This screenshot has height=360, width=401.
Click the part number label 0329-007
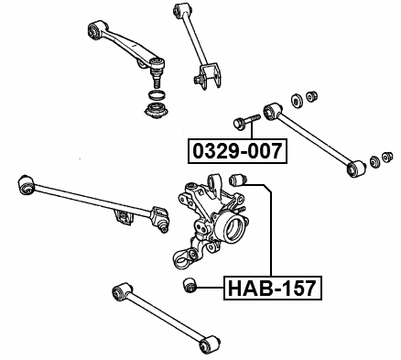237,150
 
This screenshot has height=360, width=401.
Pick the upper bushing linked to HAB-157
242,177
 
